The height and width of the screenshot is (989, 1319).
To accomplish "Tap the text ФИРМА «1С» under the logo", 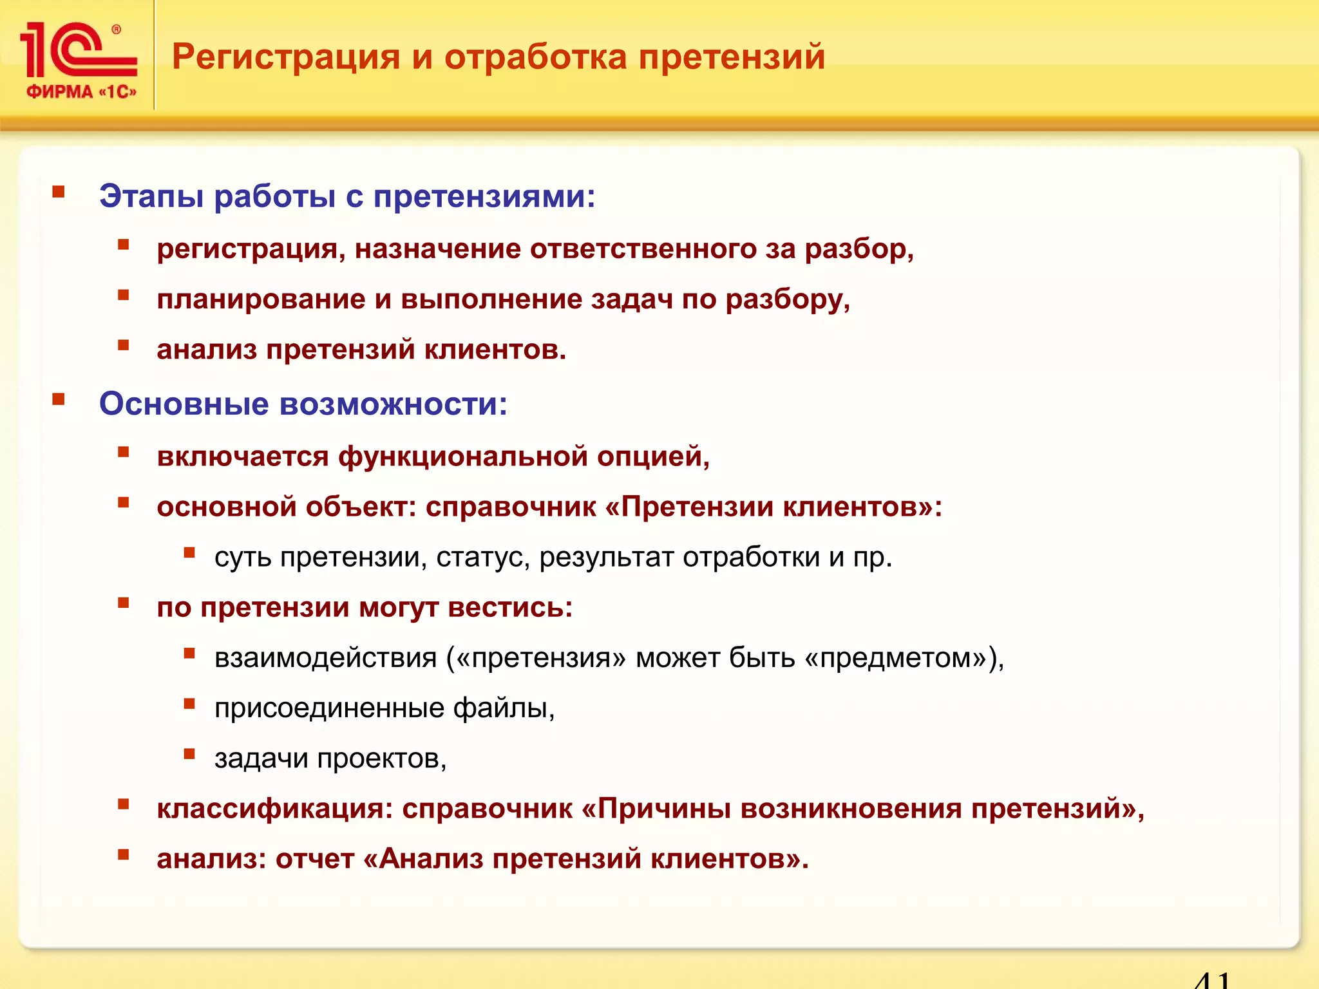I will pyautogui.click(x=81, y=92).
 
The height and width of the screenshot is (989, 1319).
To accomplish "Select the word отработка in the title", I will pyautogui.click(x=535, y=57).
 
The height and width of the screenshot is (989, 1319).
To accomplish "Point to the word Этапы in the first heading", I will pyautogui.click(x=151, y=196).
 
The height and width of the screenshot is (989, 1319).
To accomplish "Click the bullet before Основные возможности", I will pyautogui.click(x=59, y=400).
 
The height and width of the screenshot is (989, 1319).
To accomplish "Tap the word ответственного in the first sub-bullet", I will pyautogui.click(x=643, y=249).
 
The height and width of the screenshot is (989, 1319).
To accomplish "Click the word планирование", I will pyautogui.click(x=261, y=300).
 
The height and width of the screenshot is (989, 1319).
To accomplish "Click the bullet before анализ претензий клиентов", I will pyautogui.click(x=124, y=346).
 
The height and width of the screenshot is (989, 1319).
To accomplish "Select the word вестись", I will pyautogui.click(x=509, y=608).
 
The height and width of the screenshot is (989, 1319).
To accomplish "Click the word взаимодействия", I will pyautogui.click(x=325, y=658).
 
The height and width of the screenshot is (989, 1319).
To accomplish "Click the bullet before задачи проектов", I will pyautogui.click(x=189, y=754).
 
